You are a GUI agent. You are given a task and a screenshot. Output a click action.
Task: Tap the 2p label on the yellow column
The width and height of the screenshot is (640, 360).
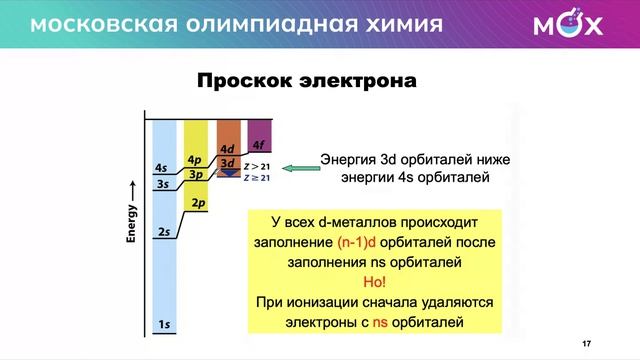pos(198,204)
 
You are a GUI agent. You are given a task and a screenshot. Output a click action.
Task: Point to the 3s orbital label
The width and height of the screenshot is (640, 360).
pos(162,185)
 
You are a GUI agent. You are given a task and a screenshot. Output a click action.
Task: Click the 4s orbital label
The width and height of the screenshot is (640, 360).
pos(162,167)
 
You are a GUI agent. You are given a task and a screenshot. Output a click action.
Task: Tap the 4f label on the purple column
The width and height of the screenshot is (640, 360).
pos(259,143)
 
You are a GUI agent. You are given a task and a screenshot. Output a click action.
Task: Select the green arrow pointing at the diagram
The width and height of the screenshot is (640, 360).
pos(297,169)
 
